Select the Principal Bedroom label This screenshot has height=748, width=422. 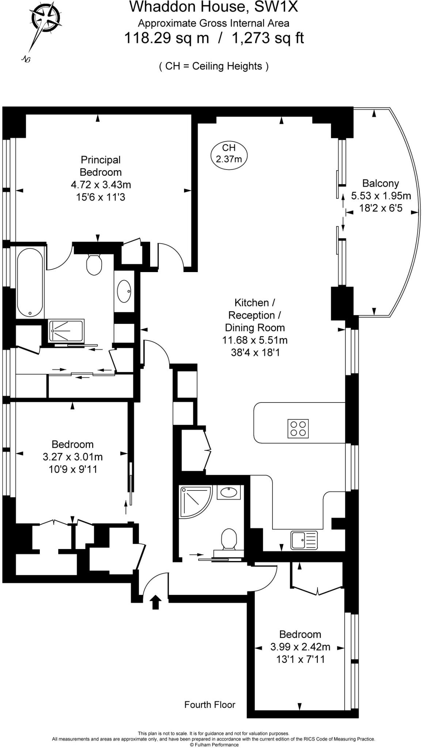[x=100, y=166]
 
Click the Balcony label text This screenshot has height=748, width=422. [x=380, y=183]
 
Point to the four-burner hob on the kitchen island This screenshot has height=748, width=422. [x=299, y=428]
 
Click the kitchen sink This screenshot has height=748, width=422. [x=304, y=540]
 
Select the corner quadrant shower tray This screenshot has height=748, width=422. [x=196, y=501]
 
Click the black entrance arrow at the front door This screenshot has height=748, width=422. [x=156, y=602]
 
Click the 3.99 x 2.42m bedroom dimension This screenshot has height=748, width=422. [x=300, y=647]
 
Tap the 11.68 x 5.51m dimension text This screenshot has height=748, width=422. [x=255, y=340]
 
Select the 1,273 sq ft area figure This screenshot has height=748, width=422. [x=268, y=38]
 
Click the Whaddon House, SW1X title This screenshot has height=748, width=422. [x=214, y=7]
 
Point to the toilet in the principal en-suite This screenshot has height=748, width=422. [x=94, y=264]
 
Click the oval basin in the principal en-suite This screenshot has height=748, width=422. [x=124, y=291]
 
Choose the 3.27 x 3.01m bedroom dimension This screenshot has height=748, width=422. [x=73, y=457]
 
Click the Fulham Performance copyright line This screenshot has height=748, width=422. [x=214, y=745]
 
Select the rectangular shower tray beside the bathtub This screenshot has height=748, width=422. [x=66, y=331]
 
